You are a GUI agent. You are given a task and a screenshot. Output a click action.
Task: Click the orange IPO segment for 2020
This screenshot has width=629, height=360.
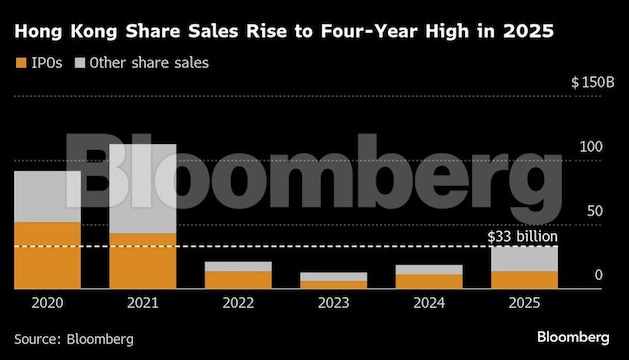47,255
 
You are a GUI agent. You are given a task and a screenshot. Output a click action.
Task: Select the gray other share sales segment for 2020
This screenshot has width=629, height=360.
47,196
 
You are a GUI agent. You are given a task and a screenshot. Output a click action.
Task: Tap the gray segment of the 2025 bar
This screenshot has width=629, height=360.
524,258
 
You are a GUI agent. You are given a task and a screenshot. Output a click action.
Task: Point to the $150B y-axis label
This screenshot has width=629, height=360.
592,82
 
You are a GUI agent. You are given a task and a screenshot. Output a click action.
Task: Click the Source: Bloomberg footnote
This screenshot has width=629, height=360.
73,339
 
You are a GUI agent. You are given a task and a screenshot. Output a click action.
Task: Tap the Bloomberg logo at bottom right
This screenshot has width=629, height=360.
573,336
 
